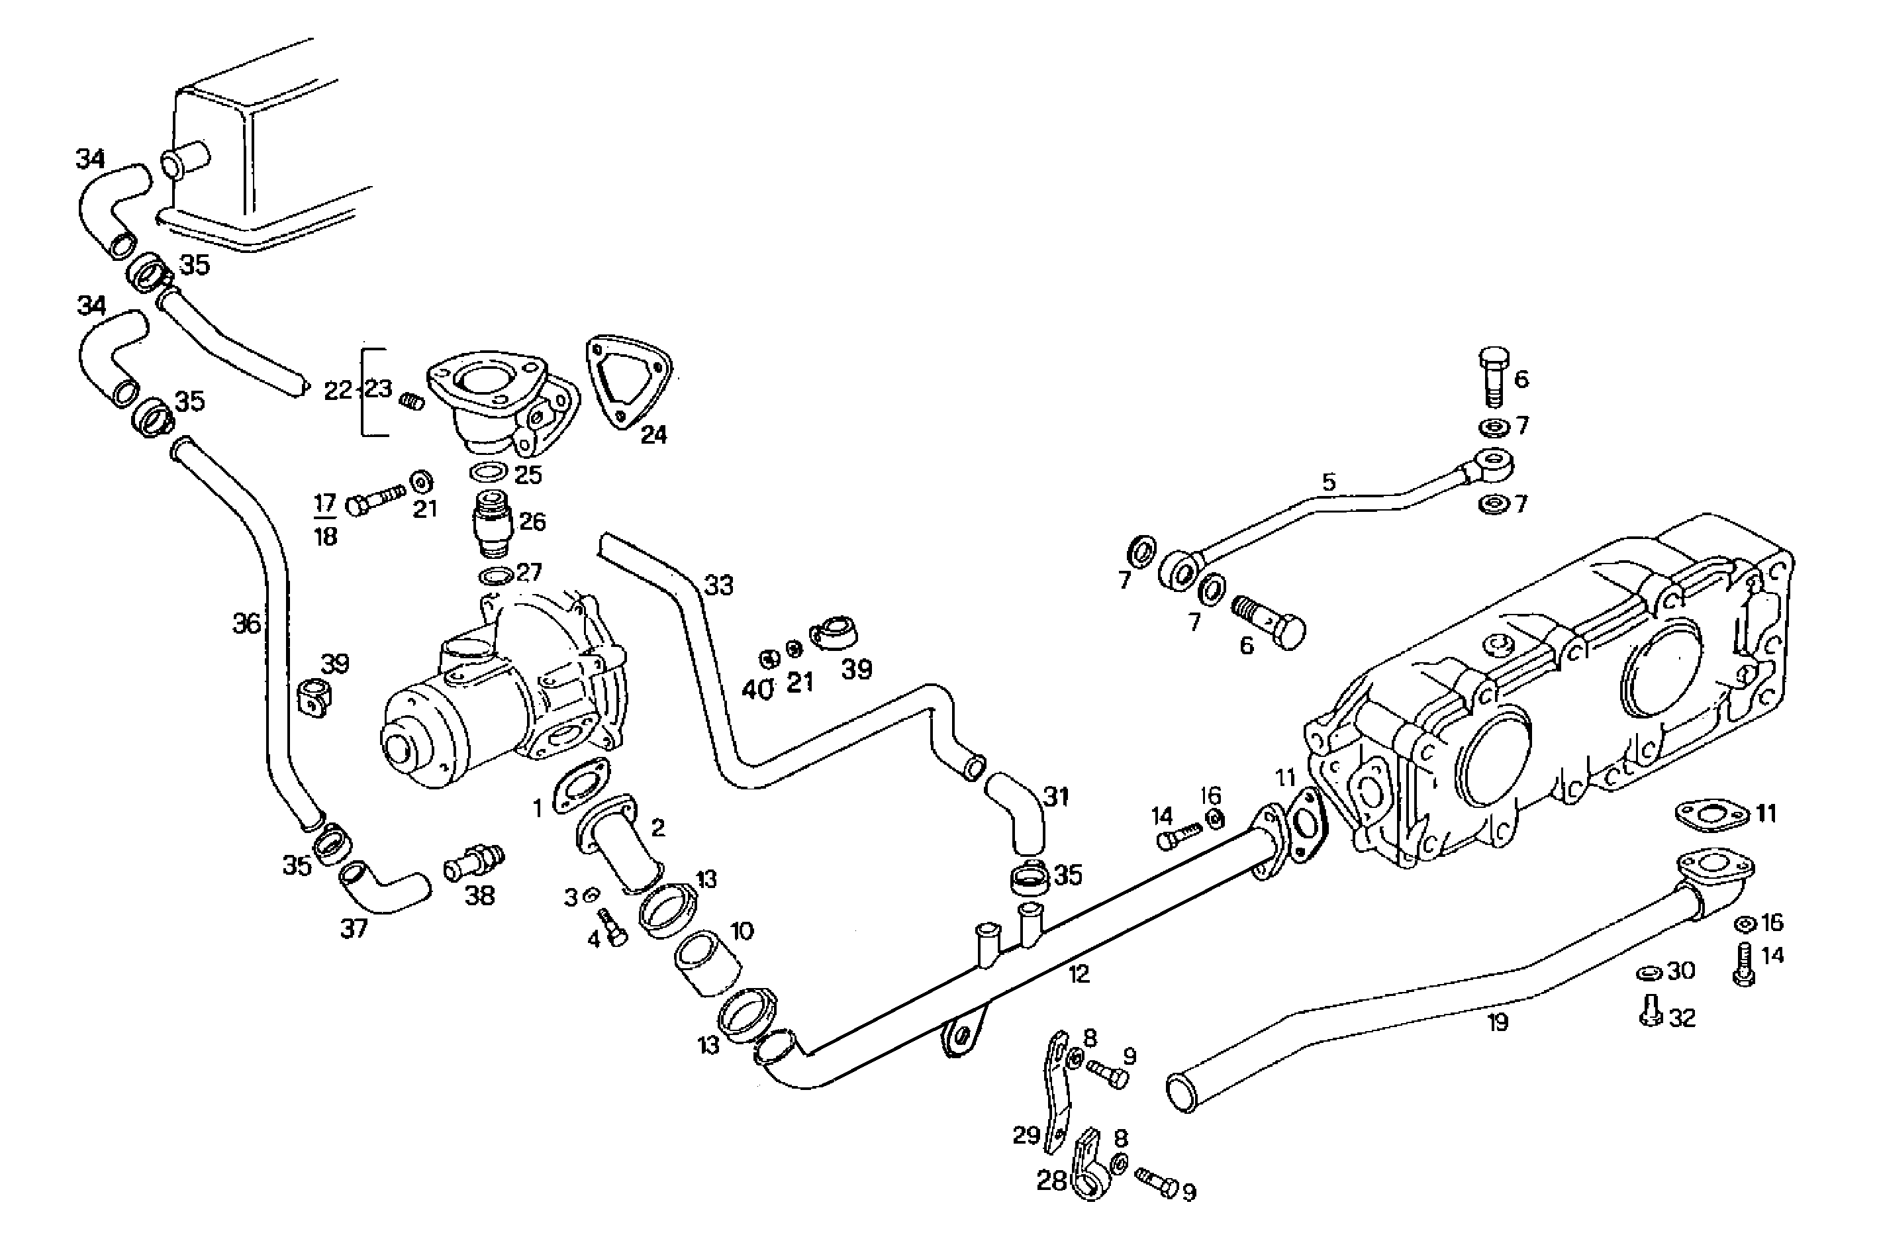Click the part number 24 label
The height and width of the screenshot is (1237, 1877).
[x=653, y=434]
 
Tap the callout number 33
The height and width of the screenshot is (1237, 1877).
[x=718, y=585]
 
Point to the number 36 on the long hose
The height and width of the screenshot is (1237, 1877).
[x=246, y=624]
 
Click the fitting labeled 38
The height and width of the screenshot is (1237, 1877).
[x=473, y=864]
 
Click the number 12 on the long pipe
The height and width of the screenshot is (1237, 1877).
[x=1079, y=973]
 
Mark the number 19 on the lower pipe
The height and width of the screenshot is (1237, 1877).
[x=1498, y=1022]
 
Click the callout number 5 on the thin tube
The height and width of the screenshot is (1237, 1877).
[x=1329, y=482]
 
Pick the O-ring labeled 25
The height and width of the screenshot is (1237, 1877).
[x=488, y=473]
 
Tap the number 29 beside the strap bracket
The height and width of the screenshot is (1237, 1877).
[x=1026, y=1135]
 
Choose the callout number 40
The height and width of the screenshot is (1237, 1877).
[x=758, y=690]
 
